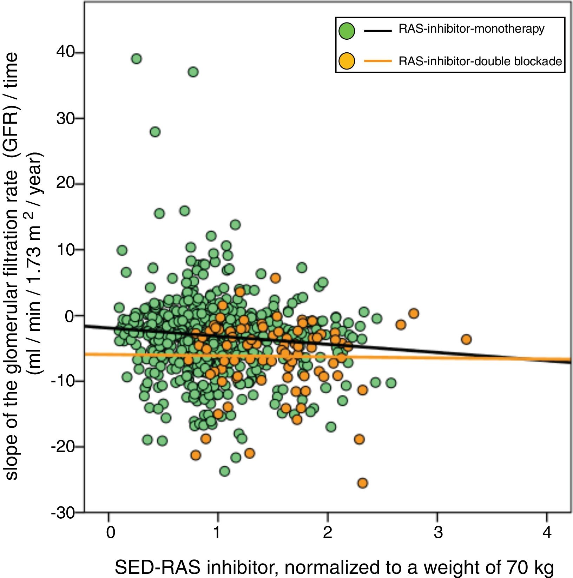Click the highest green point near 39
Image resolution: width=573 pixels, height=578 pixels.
136,59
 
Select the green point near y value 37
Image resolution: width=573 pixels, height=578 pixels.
193,72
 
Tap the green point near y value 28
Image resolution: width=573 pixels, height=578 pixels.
155,132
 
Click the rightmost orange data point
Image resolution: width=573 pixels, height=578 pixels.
466,339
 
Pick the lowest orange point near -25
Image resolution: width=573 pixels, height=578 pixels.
362,483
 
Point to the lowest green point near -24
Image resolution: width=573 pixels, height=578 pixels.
224,471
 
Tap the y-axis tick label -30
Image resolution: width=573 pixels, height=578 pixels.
63,513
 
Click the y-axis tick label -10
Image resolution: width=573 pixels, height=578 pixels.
63,381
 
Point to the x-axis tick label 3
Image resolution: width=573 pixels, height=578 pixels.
437,532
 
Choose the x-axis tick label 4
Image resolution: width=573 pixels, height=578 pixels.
547,532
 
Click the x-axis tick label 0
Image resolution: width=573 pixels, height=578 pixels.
110,532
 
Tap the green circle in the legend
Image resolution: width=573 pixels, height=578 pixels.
347,31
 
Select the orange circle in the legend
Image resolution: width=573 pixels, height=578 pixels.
347,61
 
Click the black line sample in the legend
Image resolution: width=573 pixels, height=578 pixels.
378,31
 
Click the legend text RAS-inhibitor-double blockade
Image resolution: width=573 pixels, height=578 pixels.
480,61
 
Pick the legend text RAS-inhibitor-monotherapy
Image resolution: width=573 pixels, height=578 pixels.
471,29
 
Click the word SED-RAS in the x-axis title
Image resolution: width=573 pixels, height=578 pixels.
157,567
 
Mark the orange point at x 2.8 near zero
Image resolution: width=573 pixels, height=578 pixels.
414,313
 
